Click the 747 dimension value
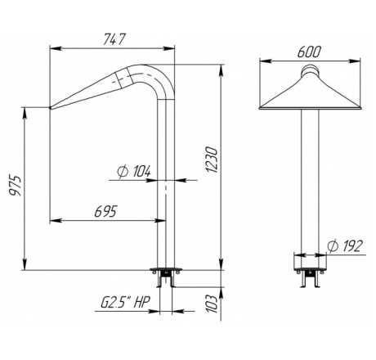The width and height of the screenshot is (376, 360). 114,39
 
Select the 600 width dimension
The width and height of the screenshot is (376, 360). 309,52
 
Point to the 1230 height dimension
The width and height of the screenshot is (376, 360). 212,160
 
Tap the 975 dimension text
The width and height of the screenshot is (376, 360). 16,186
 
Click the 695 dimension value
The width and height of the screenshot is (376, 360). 106,211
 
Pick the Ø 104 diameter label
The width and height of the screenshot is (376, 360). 134,171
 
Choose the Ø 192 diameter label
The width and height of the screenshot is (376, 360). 345,246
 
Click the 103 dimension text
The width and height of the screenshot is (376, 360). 213,304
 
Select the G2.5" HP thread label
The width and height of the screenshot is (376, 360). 126,302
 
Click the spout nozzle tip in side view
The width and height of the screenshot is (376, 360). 51,108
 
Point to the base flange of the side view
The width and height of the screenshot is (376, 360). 166,270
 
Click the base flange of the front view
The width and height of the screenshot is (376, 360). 310,270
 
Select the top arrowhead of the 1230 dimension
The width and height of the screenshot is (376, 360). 222,70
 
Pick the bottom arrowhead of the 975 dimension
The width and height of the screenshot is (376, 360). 25,264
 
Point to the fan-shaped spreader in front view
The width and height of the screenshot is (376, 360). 310,92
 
